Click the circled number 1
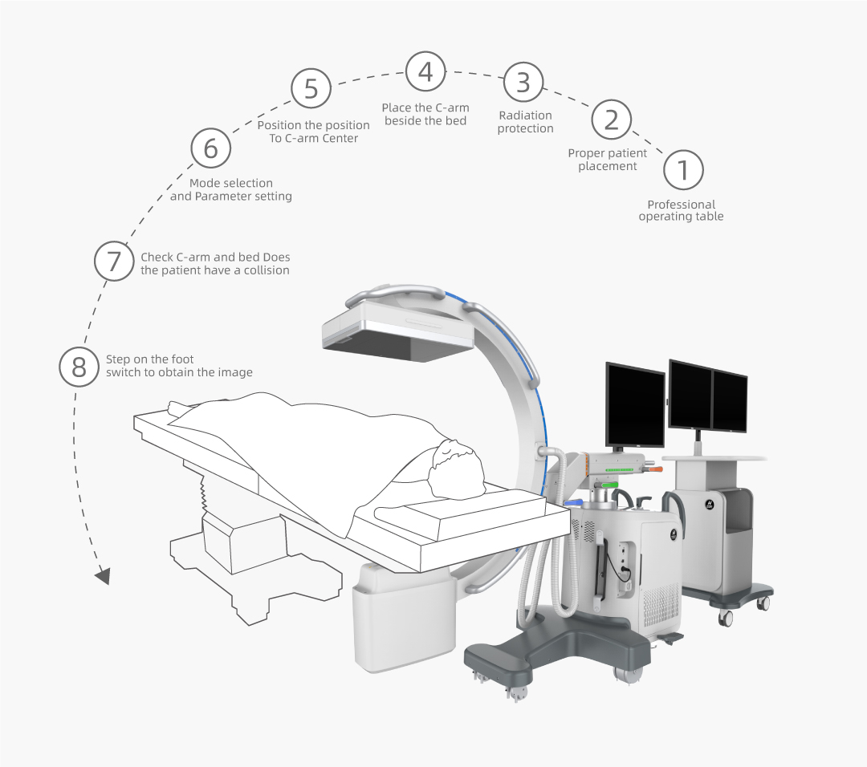(x=683, y=169)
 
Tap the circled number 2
(x=611, y=120)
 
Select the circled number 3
(x=523, y=82)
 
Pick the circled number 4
(x=425, y=72)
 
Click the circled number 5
(x=311, y=88)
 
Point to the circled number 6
(x=210, y=148)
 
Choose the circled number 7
(x=113, y=261)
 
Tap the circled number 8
(x=79, y=367)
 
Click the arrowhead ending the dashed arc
(x=103, y=576)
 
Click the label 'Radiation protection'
(x=525, y=122)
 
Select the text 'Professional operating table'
(x=682, y=210)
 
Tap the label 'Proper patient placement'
(x=607, y=160)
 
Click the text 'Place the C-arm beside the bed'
(x=425, y=115)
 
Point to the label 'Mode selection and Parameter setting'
(x=231, y=189)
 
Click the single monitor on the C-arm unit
(x=635, y=404)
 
